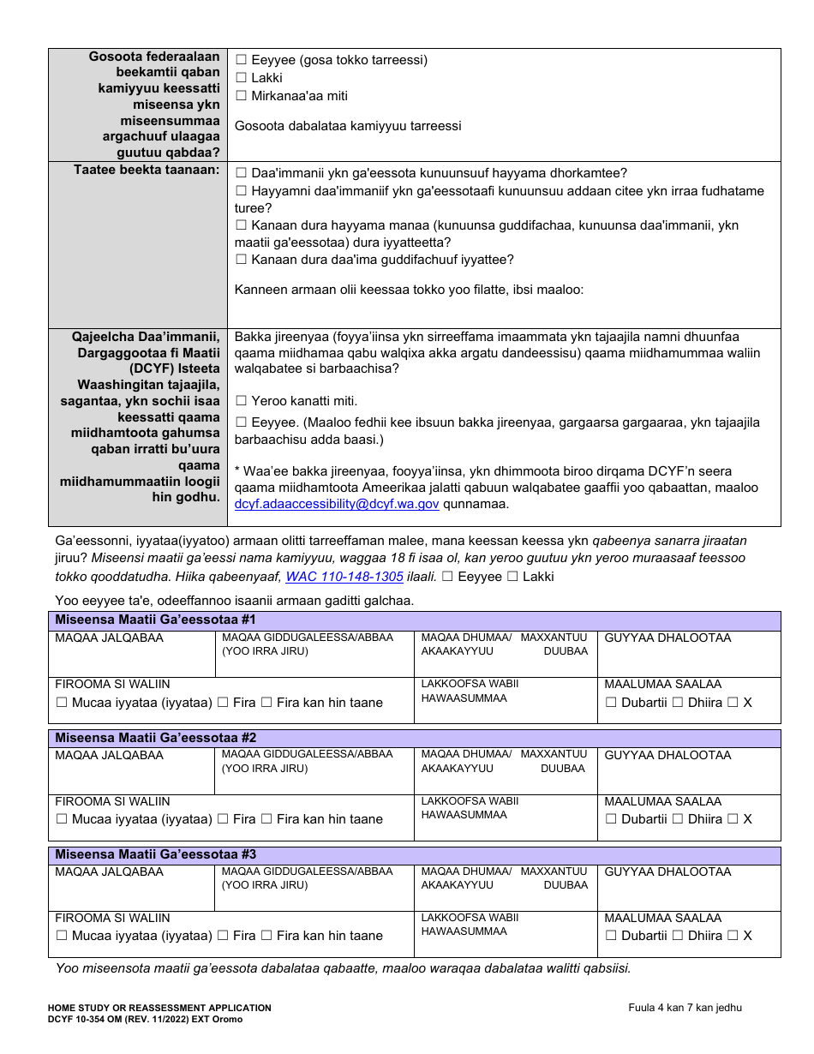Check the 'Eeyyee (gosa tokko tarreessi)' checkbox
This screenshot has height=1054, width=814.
(241, 60)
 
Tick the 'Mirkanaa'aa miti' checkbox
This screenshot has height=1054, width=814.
(241, 96)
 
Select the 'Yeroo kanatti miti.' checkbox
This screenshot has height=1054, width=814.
(241, 401)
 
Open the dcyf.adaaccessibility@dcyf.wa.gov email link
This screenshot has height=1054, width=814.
(337, 504)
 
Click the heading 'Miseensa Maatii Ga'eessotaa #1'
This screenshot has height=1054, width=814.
(155, 620)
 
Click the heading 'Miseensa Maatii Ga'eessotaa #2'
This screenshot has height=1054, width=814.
(155, 737)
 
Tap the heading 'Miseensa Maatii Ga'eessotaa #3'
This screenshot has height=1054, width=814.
(155, 854)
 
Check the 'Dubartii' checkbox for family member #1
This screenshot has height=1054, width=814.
(612, 703)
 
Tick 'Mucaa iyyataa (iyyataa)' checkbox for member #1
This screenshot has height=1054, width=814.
(62, 703)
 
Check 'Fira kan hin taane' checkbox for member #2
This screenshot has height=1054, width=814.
(266, 819)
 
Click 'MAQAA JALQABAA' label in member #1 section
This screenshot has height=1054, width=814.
(109, 638)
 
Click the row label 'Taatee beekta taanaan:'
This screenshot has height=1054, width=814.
(147, 170)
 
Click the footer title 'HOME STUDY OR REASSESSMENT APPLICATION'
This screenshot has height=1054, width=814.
(159, 1008)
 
